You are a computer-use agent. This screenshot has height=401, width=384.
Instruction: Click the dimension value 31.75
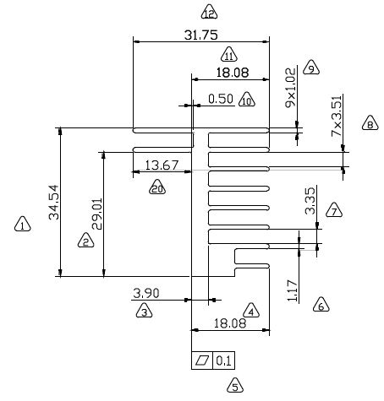[x=201, y=35]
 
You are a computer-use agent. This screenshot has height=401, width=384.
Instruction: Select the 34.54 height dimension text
[x=53, y=202]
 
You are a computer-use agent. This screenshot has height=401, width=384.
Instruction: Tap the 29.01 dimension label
[x=97, y=214]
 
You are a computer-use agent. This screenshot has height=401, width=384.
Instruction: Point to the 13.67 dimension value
[x=162, y=165]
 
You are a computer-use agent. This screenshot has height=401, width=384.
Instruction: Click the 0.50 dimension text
[x=221, y=99]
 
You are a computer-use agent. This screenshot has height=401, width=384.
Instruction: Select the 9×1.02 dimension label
[x=291, y=88]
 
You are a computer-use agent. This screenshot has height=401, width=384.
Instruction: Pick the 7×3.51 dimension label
[x=337, y=116]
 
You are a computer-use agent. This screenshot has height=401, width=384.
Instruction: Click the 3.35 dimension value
[x=310, y=201]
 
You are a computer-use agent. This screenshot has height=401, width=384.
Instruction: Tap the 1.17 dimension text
[x=293, y=291]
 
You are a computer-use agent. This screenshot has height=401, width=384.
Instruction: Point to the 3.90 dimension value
[x=146, y=293]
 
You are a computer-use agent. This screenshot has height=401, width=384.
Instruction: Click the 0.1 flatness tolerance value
[x=223, y=360]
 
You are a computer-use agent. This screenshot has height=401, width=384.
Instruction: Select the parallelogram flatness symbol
[x=202, y=360]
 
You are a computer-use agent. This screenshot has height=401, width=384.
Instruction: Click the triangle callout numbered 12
[x=209, y=12]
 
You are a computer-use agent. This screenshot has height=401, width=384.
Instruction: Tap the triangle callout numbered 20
[x=157, y=187]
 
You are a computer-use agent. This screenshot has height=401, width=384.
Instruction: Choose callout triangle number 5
[x=235, y=386]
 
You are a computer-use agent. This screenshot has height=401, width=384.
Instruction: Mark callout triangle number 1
[x=23, y=225]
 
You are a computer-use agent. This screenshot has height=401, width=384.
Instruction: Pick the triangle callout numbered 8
[x=370, y=123]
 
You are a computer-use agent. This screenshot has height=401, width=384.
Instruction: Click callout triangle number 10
[x=247, y=100]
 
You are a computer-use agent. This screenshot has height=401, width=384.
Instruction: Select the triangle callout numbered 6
[x=321, y=305]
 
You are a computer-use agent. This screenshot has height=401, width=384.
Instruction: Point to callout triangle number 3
[x=144, y=311]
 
